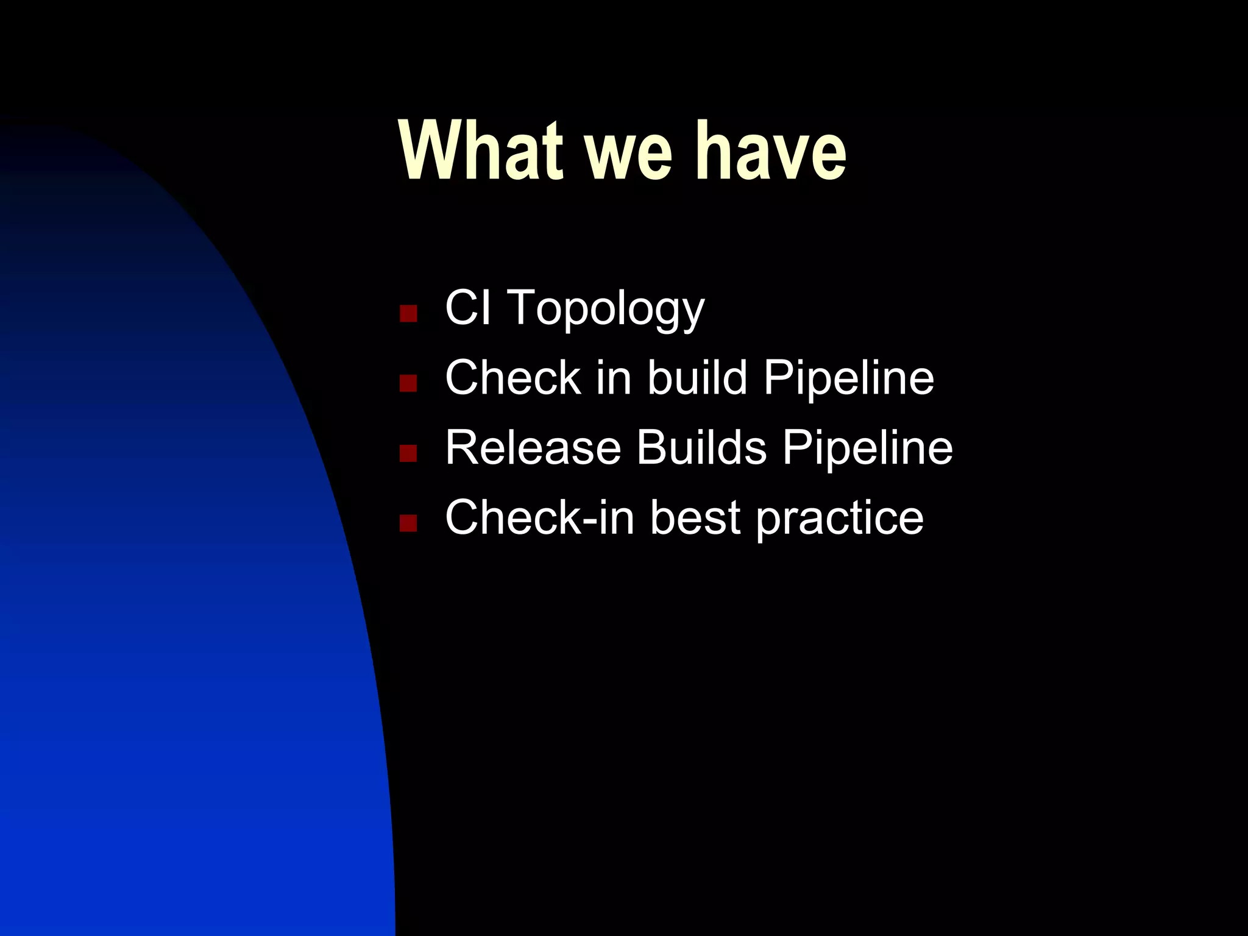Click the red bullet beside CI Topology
click(408, 314)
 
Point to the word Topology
click(606, 309)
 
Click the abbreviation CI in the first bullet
click(467, 308)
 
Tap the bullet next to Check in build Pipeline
click(408, 383)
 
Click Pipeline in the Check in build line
click(849, 378)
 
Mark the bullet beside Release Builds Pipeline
click(408, 453)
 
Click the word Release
click(533, 447)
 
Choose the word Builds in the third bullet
click(701, 447)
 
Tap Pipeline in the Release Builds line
click(868, 448)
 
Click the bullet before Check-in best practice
click(408, 523)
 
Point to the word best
click(695, 517)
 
